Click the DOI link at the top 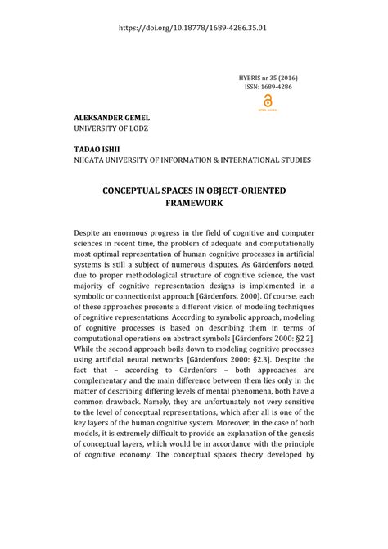(x=193, y=26)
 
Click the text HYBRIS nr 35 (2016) (x=268, y=75)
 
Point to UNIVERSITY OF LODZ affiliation (x=111, y=129)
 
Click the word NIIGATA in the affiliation (x=91, y=161)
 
